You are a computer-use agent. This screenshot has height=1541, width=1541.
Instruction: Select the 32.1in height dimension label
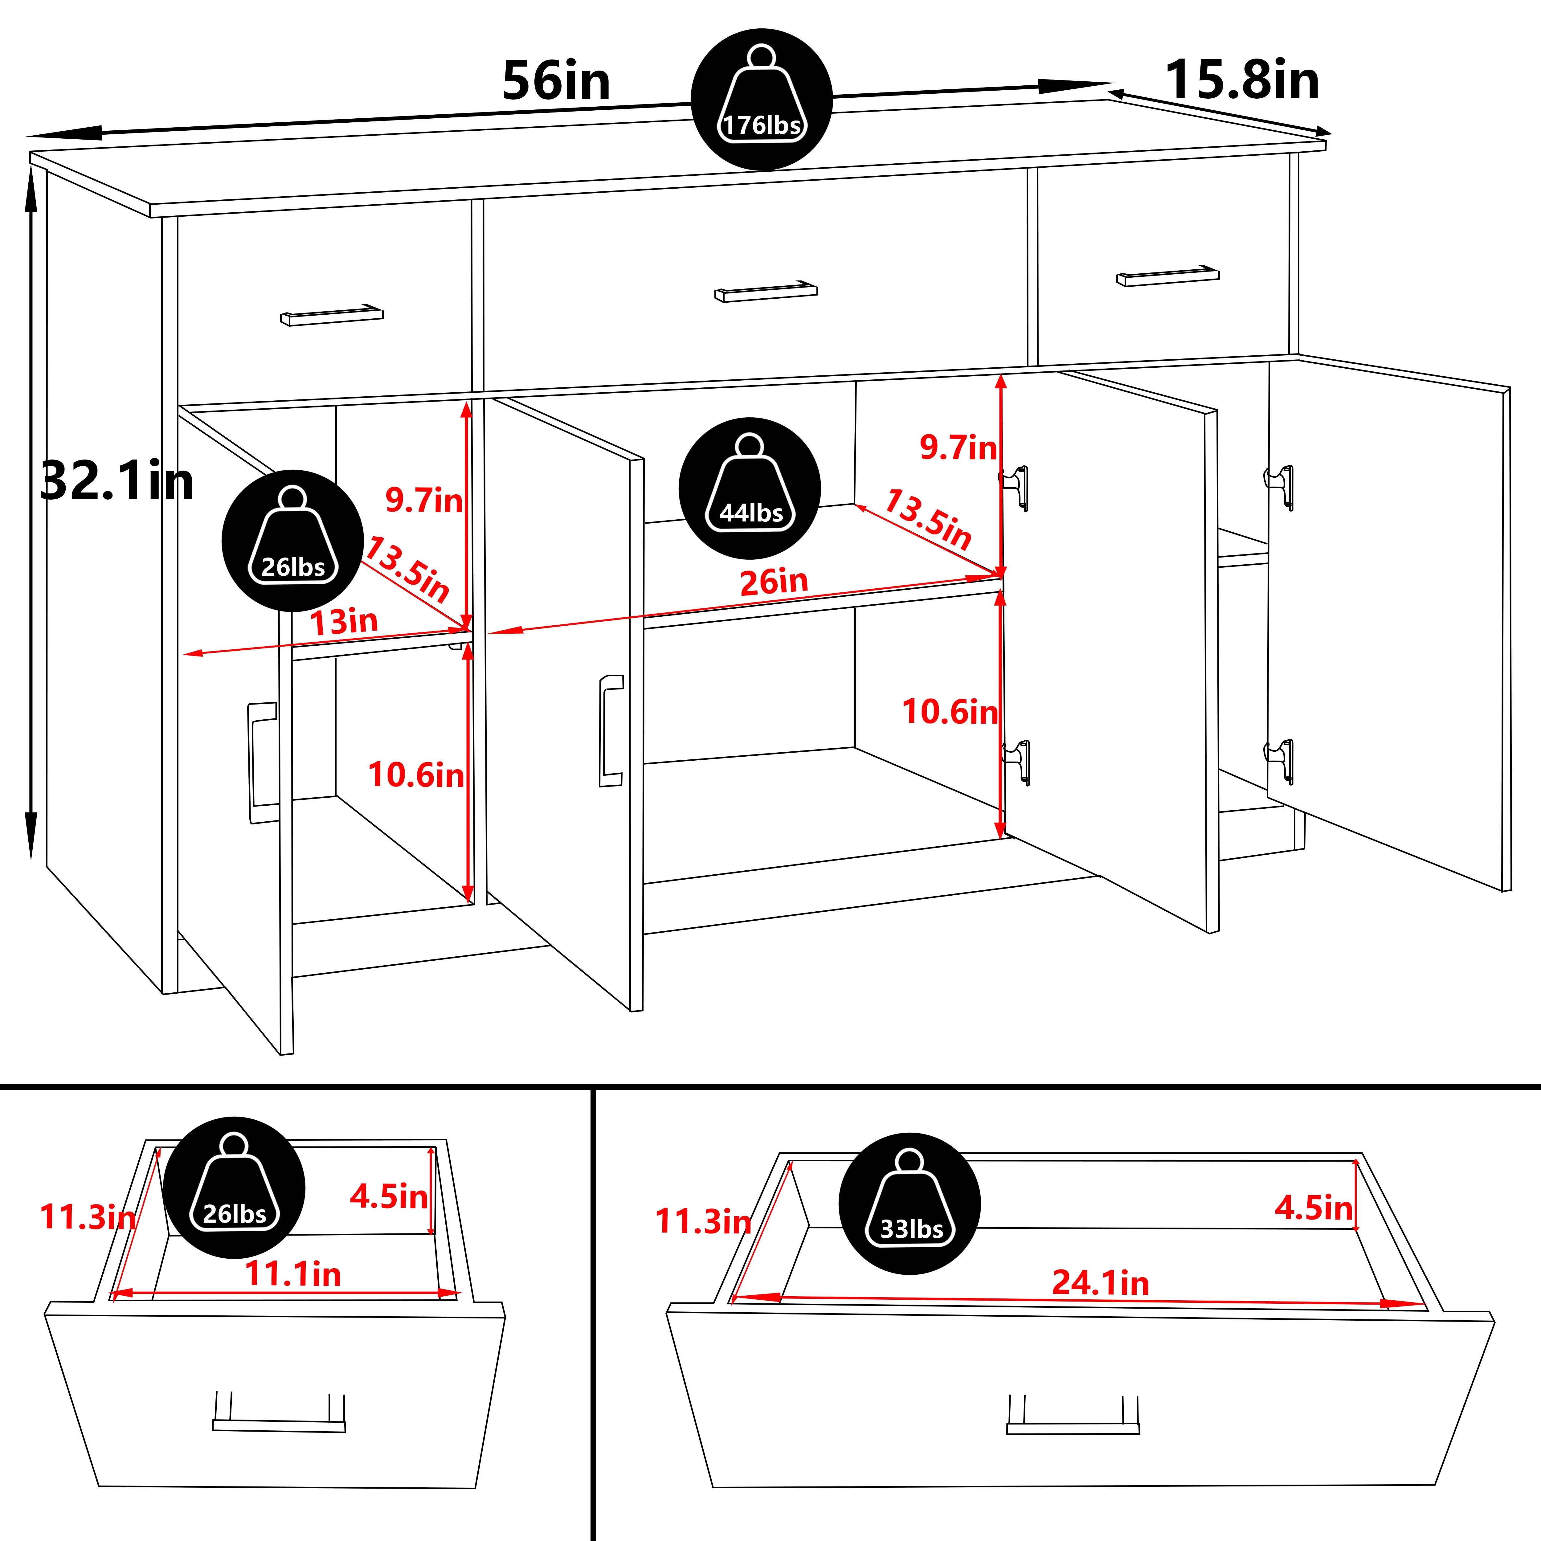coord(116,481)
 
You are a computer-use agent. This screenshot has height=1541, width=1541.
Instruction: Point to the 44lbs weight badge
coord(750,488)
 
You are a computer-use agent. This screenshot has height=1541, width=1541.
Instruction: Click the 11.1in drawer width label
coord(293,1274)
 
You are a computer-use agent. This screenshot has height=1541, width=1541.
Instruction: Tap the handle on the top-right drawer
coord(1168,275)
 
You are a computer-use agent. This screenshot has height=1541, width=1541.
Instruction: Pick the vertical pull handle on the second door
coord(611,731)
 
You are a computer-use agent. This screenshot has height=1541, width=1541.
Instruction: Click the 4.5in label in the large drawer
coord(1314,1208)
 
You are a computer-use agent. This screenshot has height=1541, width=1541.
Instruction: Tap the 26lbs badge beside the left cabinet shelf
coord(293,541)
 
